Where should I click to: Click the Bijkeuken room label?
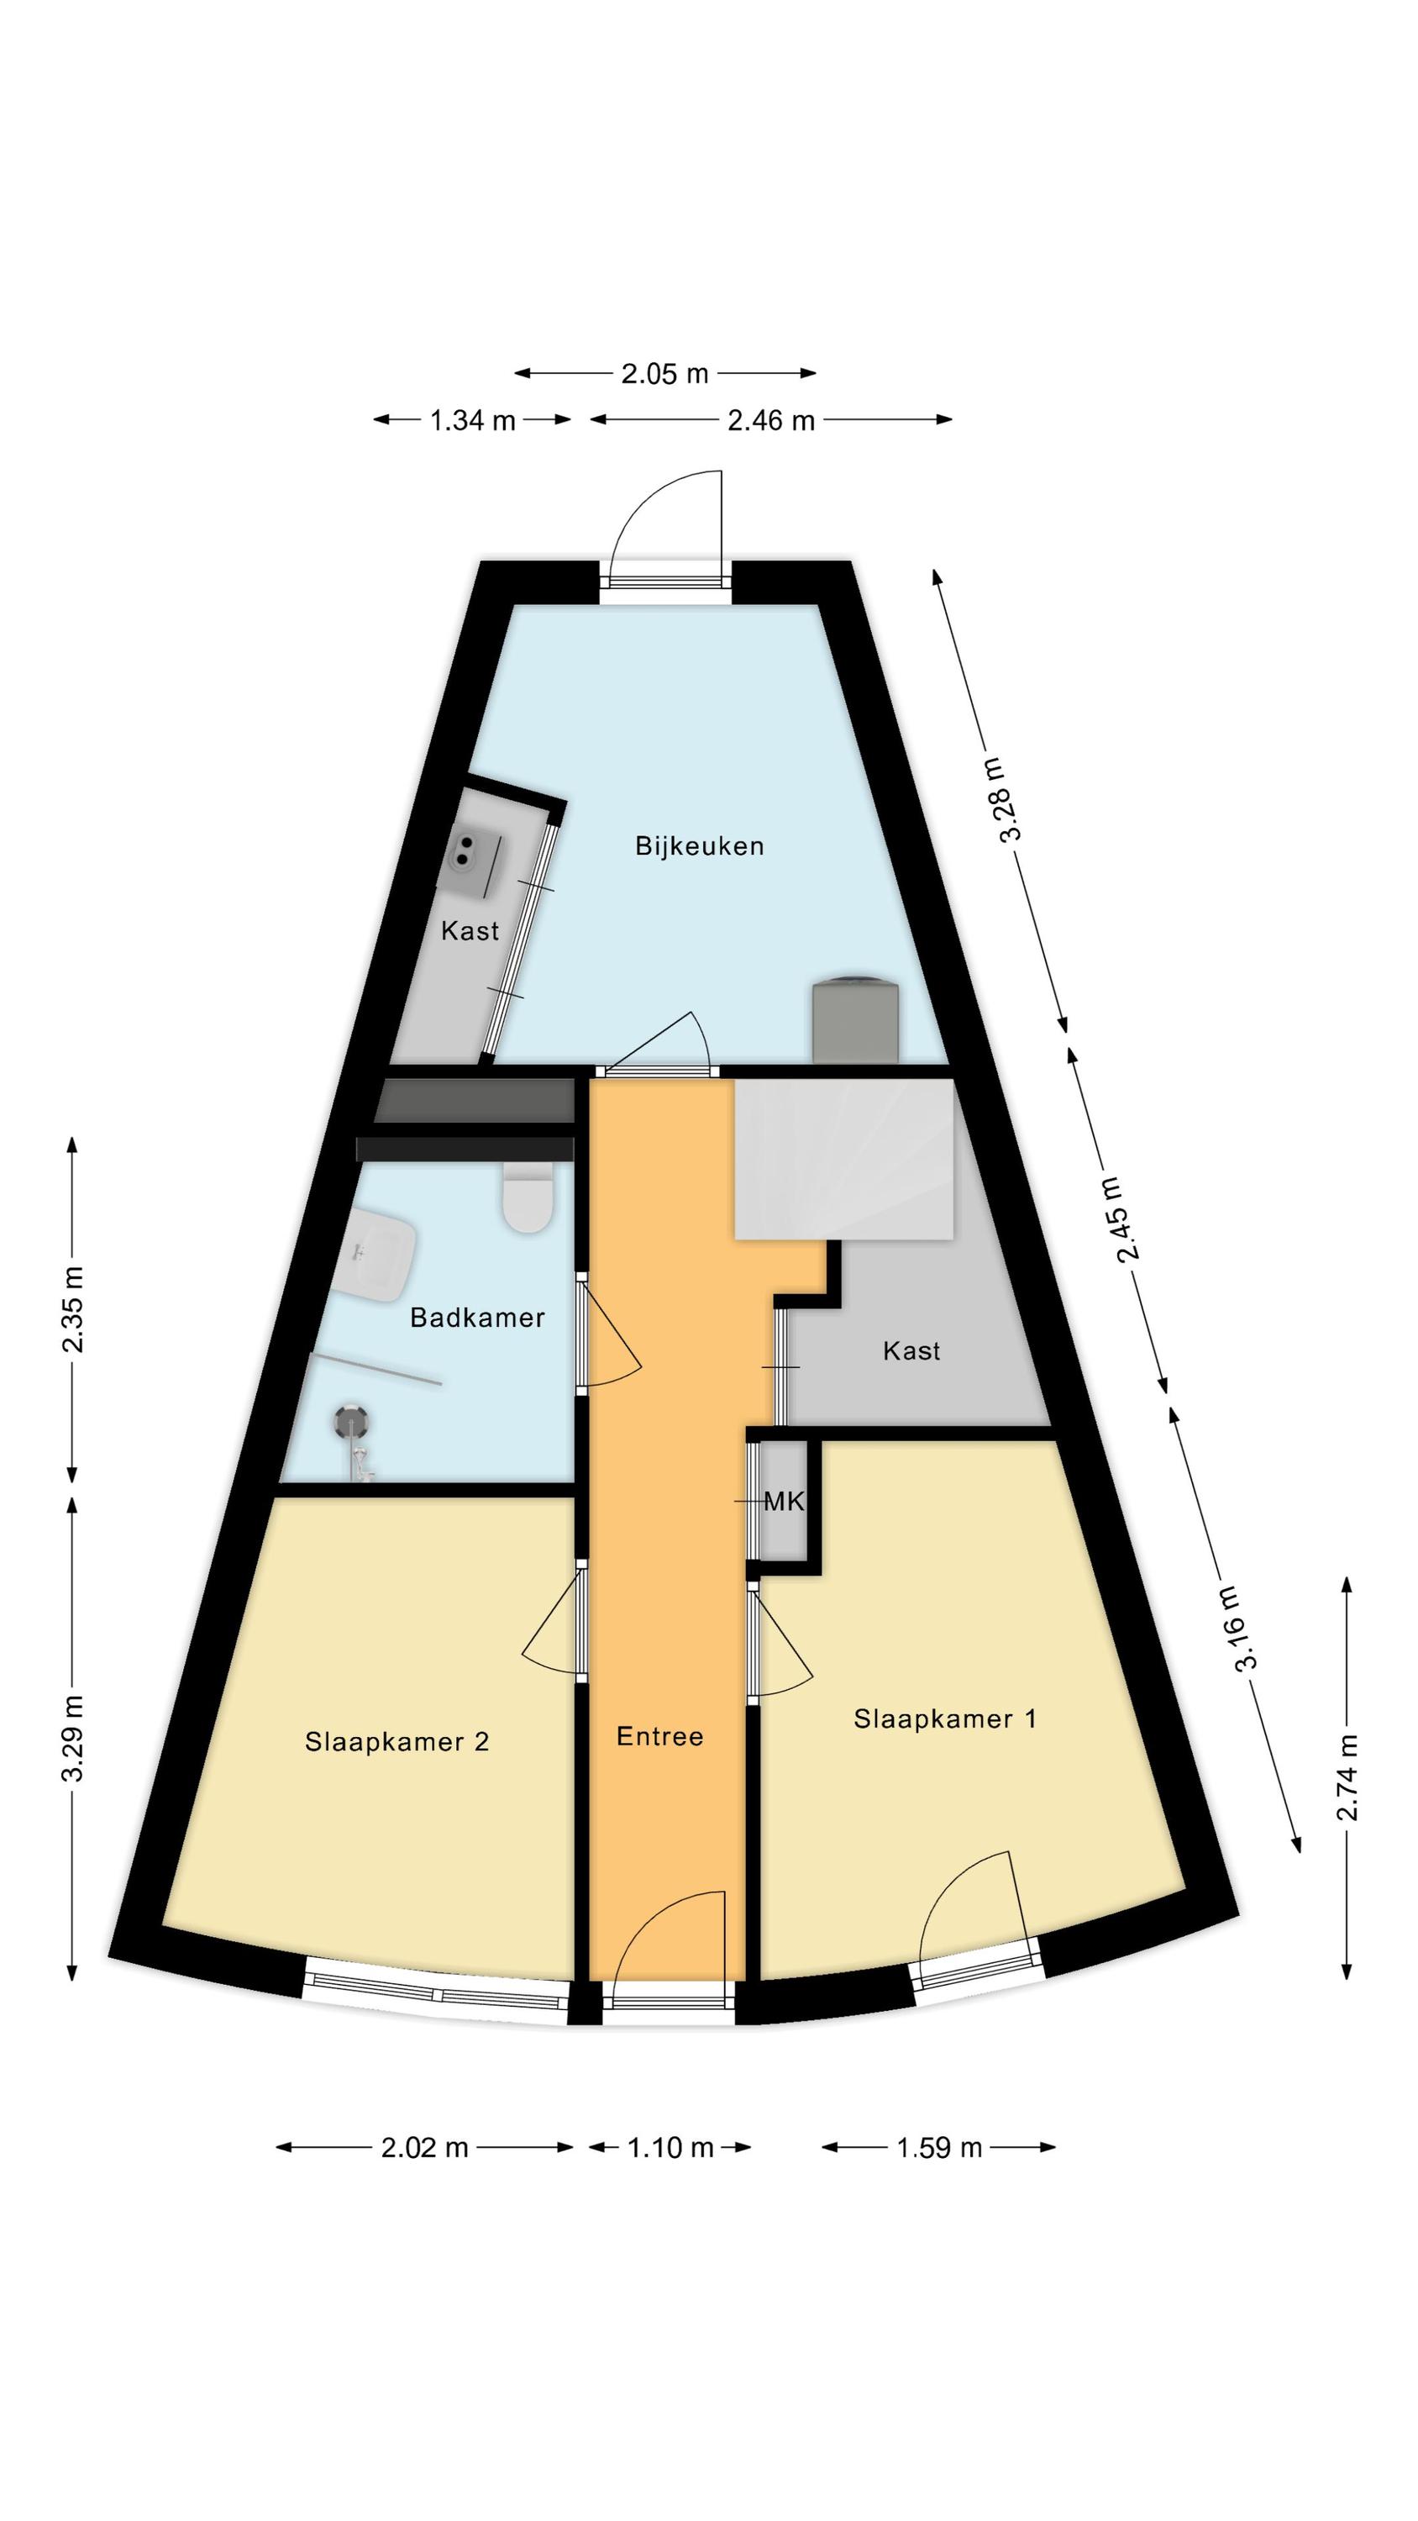[699, 845]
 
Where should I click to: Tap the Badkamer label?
[476, 1318]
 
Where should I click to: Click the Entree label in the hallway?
[659, 1736]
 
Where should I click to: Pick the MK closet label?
[783, 1501]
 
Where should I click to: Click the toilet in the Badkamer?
[527, 1197]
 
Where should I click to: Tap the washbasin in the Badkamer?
[378, 1255]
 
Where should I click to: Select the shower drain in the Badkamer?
[349, 1416]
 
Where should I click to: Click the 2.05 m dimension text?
[664, 373]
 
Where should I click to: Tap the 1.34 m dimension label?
[473, 420]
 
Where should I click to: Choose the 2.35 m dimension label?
[72, 1308]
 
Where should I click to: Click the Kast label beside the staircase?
[911, 1350]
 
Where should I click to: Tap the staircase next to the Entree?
[843, 1158]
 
